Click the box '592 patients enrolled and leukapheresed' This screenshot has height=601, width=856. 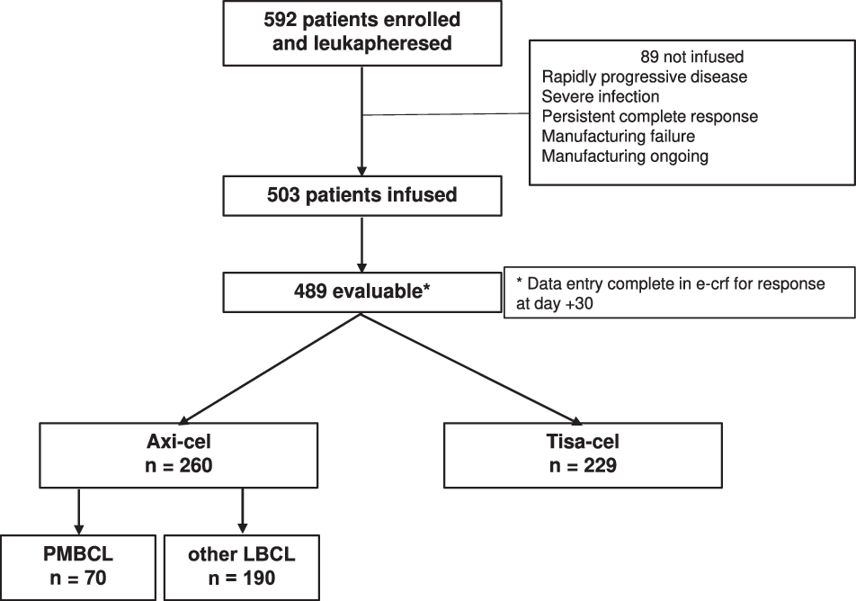click(x=361, y=31)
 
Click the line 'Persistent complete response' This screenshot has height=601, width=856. click(x=649, y=116)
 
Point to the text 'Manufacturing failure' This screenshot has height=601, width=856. click(x=617, y=136)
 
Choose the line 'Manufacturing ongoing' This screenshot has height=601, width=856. click(x=625, y=156)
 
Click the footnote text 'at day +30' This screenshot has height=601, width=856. click(x=551, y=304)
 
